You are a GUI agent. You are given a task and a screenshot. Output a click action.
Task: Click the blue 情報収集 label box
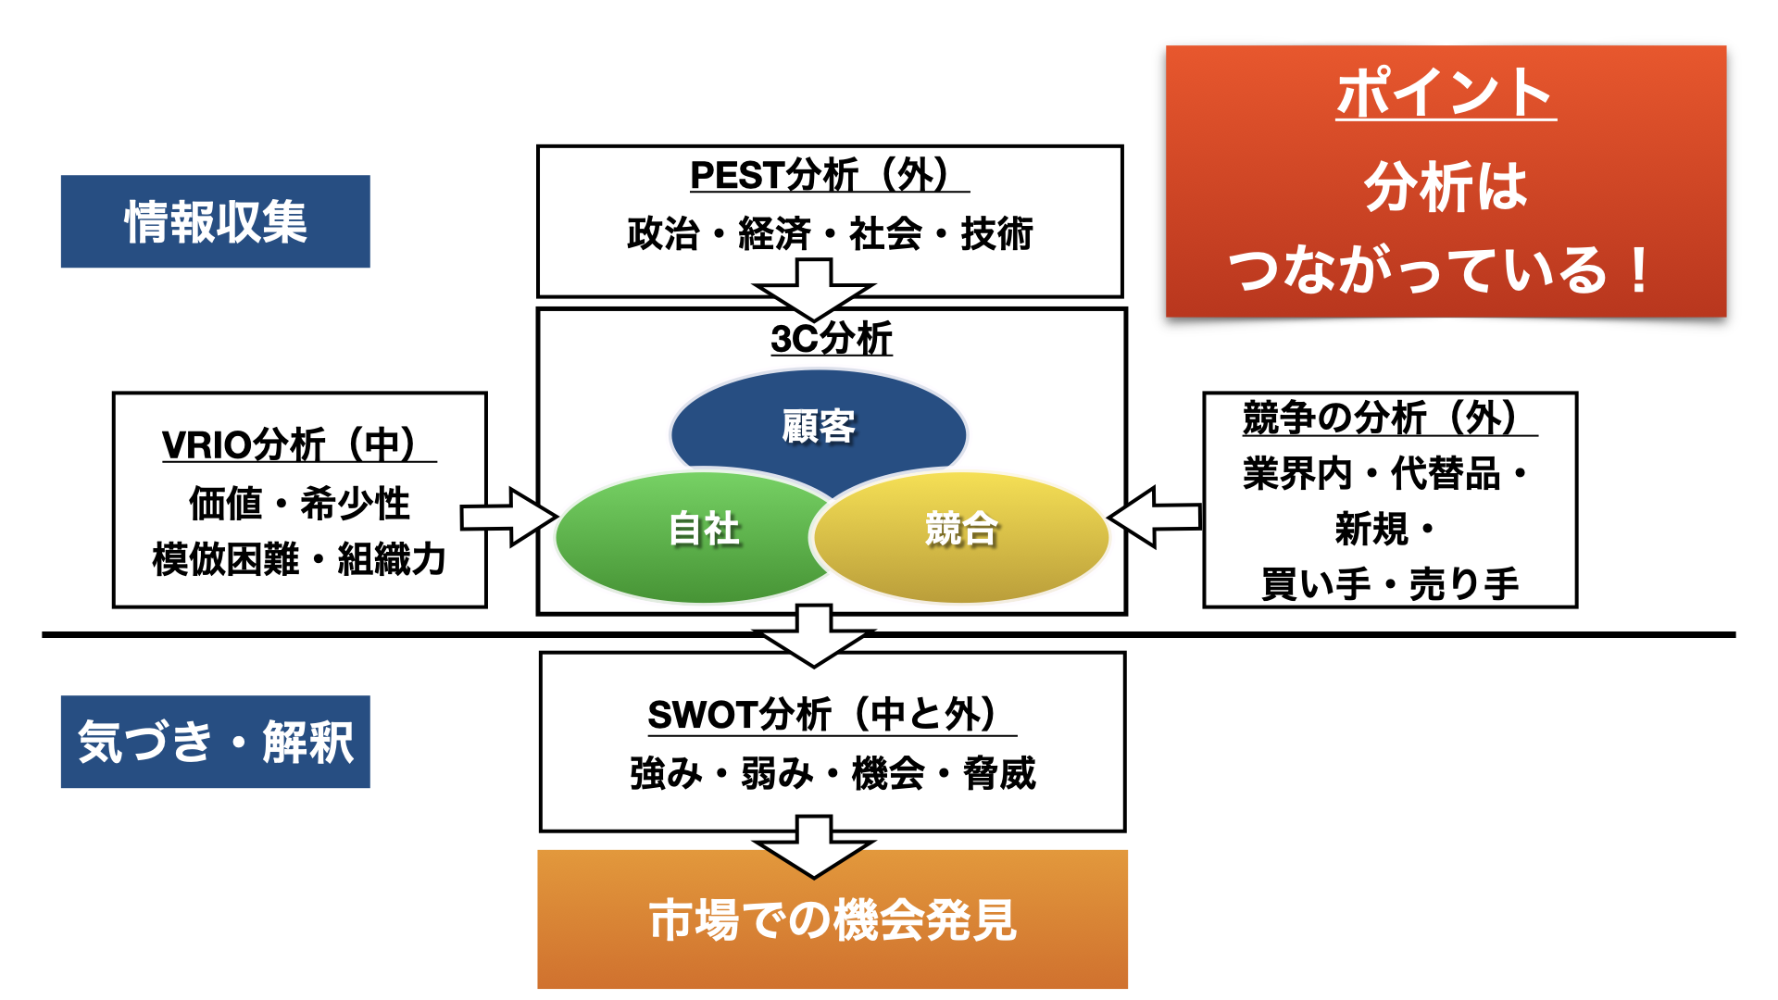(x=215, y=221)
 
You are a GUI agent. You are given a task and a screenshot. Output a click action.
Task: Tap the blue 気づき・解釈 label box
(x=215, y=742)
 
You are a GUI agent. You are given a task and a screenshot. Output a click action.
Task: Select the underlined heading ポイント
(x=1446, y=93)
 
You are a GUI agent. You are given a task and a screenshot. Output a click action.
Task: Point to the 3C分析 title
(x=831, y=338)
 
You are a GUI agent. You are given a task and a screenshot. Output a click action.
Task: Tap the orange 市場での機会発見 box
(x=833, y=919)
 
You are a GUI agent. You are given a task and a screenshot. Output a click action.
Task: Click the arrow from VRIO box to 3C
(x=509, y=517)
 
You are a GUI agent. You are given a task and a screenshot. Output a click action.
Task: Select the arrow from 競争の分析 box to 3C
(x=1154, y=517)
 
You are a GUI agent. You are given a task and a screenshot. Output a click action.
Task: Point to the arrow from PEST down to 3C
(x=814, y=290)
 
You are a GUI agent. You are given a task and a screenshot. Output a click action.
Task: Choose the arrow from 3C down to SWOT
(x=814, y=636)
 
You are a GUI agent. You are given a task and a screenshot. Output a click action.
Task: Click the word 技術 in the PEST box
(x=996, y=233)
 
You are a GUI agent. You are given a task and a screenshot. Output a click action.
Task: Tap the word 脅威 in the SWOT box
(x=999, y=773)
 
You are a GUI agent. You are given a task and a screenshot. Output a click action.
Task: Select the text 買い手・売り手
(x=1390, y=584)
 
